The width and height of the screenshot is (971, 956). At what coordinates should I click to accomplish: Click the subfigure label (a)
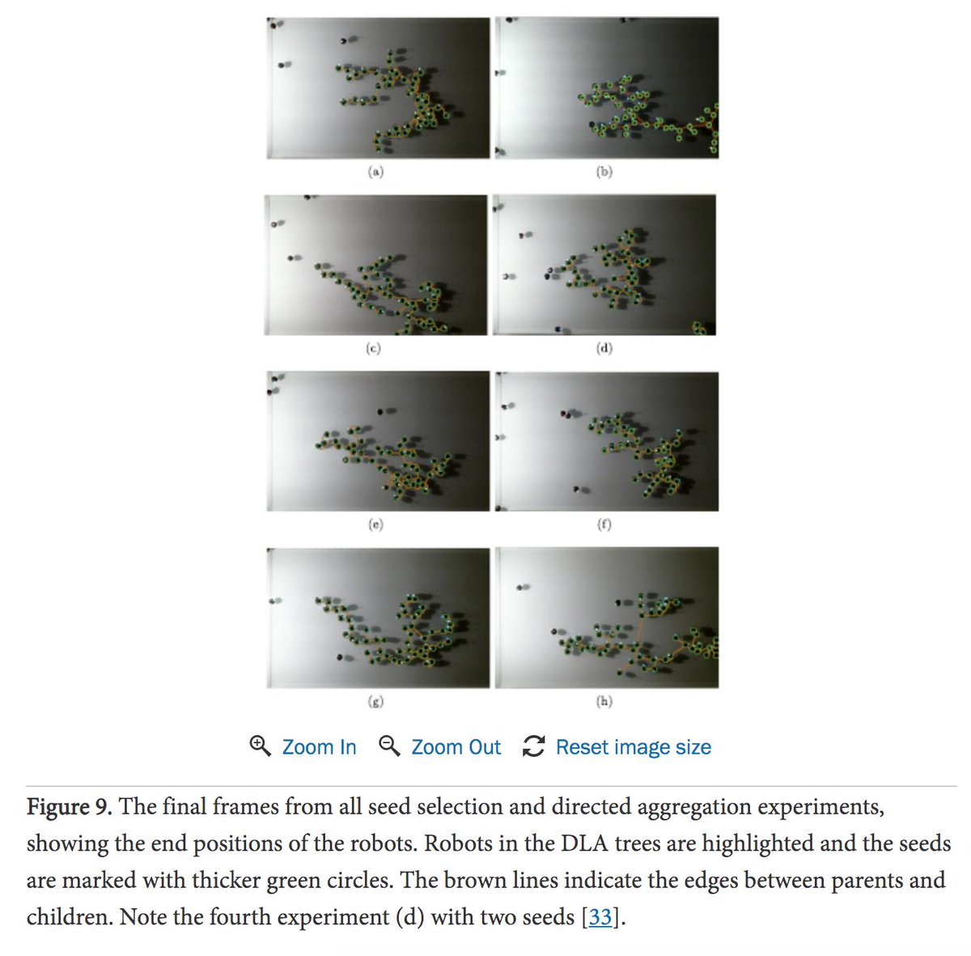coord(375,172)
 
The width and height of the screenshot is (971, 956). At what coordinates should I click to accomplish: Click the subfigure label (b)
coord(604,172)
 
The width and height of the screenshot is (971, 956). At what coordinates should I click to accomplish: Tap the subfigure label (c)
coord(373,348)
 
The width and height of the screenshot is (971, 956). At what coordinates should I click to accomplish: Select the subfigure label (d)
coord(604,348)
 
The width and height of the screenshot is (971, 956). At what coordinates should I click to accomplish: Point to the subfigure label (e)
coord(375,525)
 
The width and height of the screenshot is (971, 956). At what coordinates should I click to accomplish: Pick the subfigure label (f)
coord(604,525)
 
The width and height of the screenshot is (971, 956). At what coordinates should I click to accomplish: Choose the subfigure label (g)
coord(375,701)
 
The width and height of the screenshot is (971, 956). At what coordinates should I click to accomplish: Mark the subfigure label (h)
coord(604,701)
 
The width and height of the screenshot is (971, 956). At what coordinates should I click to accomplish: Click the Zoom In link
coord(319,747)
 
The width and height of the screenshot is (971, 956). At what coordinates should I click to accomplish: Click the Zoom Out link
coord(456,747)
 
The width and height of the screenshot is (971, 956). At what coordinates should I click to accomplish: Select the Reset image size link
coord(634,747)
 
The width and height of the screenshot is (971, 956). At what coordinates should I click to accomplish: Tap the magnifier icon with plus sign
coord(261,746)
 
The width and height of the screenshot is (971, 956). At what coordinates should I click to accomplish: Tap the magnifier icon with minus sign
coord(389,746)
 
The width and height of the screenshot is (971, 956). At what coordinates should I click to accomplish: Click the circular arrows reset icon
coord(533,746)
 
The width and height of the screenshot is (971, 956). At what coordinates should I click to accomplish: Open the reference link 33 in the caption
coord(600,916)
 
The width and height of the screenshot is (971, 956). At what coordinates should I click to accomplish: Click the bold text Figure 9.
coord(69,807)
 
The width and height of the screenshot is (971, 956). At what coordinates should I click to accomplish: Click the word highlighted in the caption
coord(754,843)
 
